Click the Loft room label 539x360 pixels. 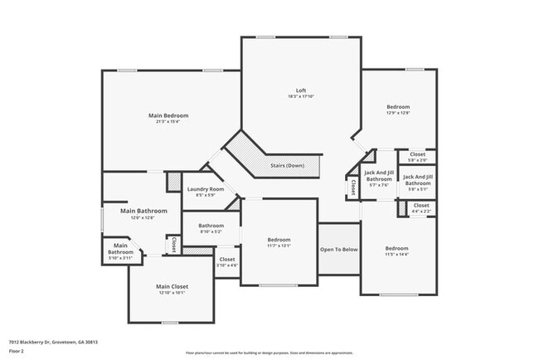301,90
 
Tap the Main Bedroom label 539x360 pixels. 168,115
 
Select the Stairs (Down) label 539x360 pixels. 287,165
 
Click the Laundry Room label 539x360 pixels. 204,189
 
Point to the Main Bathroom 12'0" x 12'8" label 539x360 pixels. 143,212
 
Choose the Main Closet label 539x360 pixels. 173,287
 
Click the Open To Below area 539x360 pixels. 338,249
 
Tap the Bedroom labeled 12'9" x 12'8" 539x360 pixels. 397,107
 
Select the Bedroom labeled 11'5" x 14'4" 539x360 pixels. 396,248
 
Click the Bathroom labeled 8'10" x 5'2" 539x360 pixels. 211,226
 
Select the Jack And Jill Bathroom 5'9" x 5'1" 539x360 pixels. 417,180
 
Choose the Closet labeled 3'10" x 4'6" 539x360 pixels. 226,260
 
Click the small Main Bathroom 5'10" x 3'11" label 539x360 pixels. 121,248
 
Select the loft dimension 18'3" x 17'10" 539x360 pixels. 301,97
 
